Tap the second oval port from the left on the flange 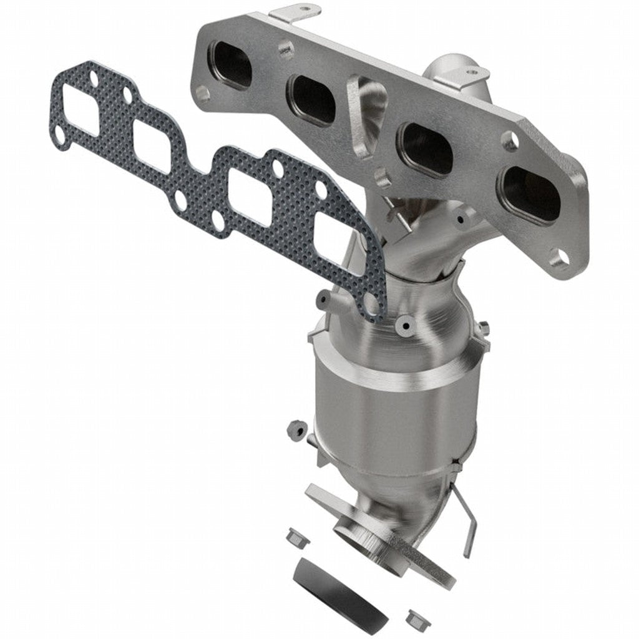311,99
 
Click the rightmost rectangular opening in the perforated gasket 334,240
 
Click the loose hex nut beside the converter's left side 294,429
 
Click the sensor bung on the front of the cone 405,325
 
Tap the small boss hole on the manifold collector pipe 461,219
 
